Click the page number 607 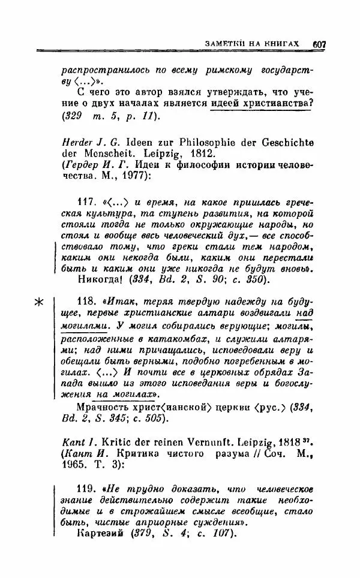319,44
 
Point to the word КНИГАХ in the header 285,44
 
